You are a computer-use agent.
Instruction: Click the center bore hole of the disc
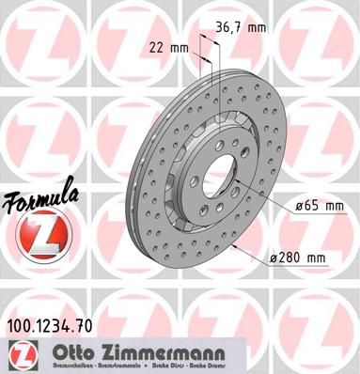[x=217, y=173]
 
